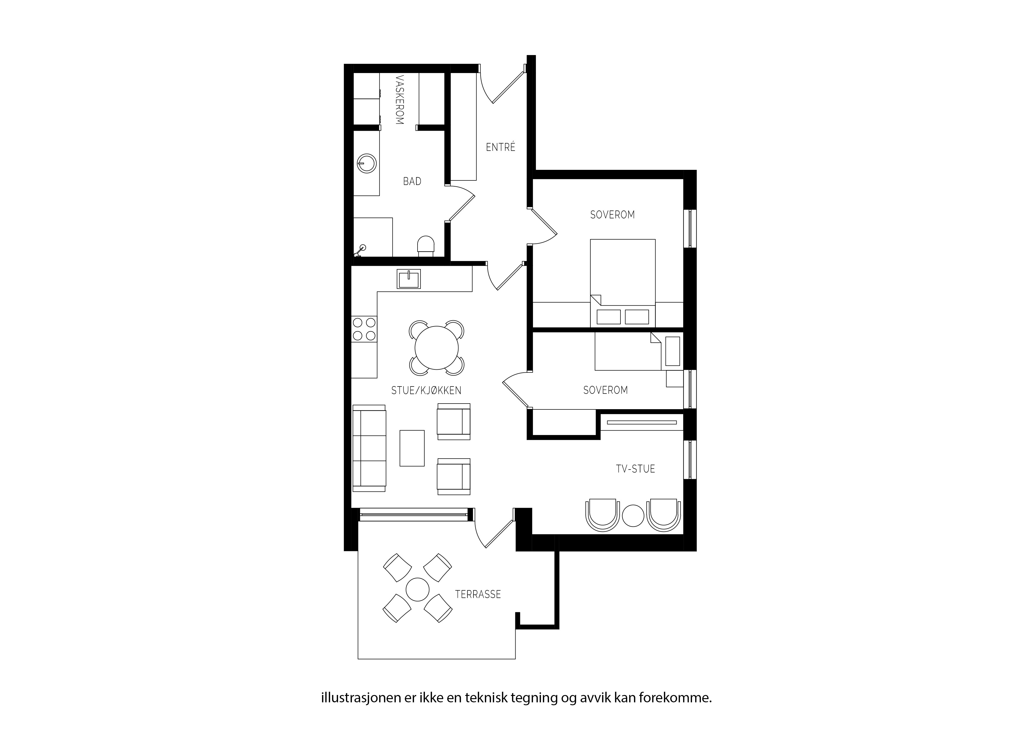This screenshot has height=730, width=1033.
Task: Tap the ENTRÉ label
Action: [x=500, y=147]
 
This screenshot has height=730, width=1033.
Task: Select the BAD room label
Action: [x=412, y=181]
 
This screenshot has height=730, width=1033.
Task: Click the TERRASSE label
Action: [x=478, y=594]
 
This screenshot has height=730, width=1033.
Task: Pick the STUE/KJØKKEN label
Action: [x=426, y=390]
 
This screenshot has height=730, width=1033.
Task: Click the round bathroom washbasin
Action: [x=367, y=163]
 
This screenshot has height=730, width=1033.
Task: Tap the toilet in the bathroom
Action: [x=426, y=246]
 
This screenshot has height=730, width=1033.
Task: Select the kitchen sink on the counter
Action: [x=408, y=279]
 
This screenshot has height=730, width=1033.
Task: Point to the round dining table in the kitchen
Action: [x=436, y=348]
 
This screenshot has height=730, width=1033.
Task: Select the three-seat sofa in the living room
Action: [x=369, y=448]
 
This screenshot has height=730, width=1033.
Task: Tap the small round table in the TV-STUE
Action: [x=633, y=515]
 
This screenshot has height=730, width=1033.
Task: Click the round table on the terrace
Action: [x=418, y=590]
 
